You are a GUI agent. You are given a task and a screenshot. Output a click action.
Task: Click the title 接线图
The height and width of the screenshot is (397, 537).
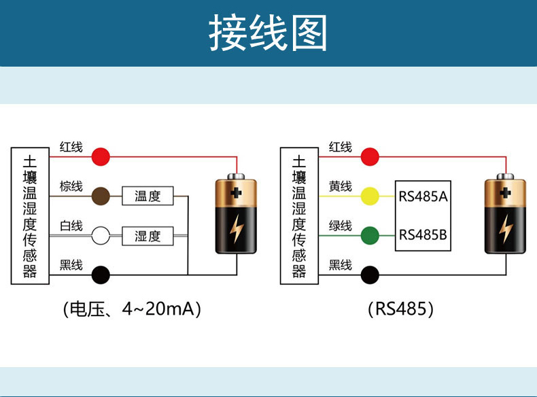pyautogui.click(x=268, y=33)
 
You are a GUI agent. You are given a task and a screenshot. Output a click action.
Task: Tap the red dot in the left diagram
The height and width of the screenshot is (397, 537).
pyautogui.click(x=101, y=157)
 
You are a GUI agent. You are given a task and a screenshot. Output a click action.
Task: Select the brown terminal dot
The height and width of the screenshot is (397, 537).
pyautogui.click(x=101, y=196)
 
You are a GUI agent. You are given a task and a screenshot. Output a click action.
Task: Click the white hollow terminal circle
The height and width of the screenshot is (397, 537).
pyautogui.click(x=101, y=236)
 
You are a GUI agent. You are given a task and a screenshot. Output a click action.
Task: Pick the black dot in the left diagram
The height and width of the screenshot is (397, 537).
pyautogui.click(x=101, y=275)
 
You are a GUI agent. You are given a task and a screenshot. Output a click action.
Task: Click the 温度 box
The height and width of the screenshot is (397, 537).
pyautogui.click(x=148, y=196)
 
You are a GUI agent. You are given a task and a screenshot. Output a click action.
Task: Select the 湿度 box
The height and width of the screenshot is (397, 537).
pyautogui.click(x=148, y=236)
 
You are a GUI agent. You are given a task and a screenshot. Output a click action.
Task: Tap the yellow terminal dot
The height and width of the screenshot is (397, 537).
pyautogui.click(x=370, y=196)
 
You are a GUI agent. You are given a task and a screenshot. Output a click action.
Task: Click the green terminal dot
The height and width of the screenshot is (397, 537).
pyautogui.click(x=370, y=236)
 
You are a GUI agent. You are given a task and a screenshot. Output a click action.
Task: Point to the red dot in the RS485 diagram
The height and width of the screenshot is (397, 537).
pyautogui.click(x=370, y=157)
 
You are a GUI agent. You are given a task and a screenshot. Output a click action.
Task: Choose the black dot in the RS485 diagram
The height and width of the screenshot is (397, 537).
pyautogui.click(x=370, y=275)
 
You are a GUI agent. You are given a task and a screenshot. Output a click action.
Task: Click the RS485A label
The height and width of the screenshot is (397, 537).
pyautogui.click(x=423, y=196)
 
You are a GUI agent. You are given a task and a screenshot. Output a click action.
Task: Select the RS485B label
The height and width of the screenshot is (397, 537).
pyautogui.click(x=423, y=235)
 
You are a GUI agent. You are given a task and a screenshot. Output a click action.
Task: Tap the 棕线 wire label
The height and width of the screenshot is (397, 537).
pyautogui.click(x=71, y=186)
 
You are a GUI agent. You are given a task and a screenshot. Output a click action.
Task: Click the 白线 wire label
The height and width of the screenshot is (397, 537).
pyautogui.click(x=71, y=226)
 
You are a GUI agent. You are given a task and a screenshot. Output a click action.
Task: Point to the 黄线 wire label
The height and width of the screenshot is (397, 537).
pyautogui.click(x=341, y=186)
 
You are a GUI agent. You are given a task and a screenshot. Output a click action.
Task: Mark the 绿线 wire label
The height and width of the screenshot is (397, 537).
pyautogui.click(x=341, y=226)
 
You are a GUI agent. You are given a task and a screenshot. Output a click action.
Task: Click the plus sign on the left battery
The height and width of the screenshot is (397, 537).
pyautogui.click(x=236, y=193)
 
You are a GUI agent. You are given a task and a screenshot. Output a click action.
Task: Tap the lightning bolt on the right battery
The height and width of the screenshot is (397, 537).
pyautogui.click(x=506, y=228)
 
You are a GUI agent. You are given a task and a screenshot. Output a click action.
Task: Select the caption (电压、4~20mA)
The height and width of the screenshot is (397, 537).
pyautogui.click(x=132, y=309)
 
